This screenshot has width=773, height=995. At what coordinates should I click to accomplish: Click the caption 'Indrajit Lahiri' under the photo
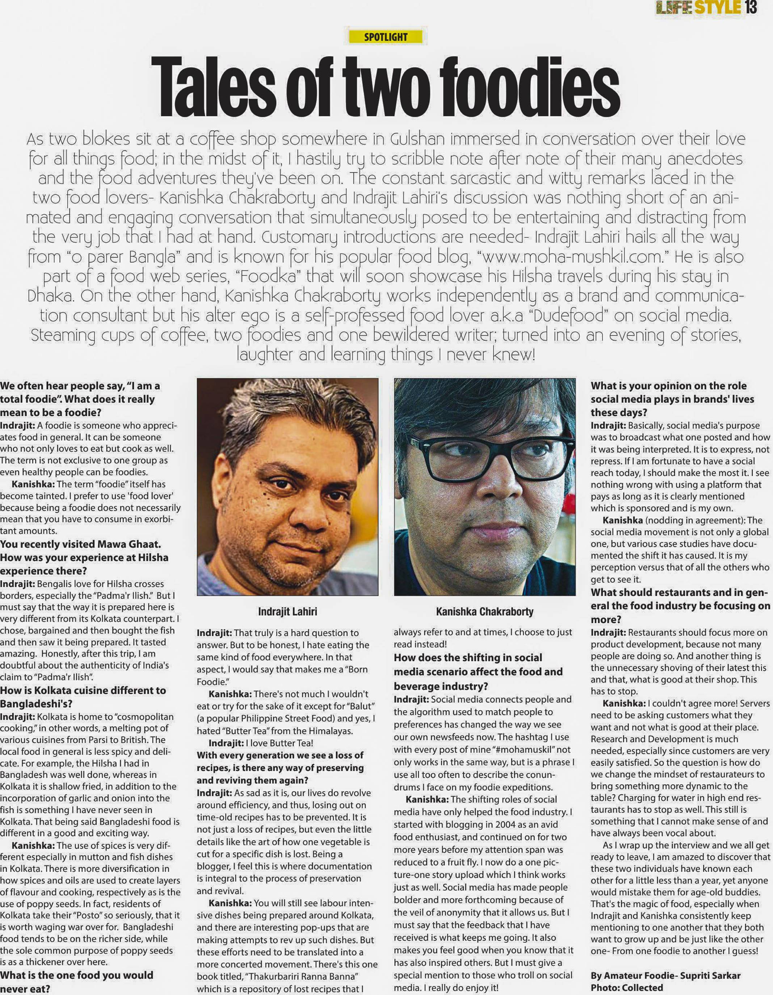coord(287,612)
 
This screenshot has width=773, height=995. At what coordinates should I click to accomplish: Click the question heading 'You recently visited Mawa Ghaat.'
coord(81,544)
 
